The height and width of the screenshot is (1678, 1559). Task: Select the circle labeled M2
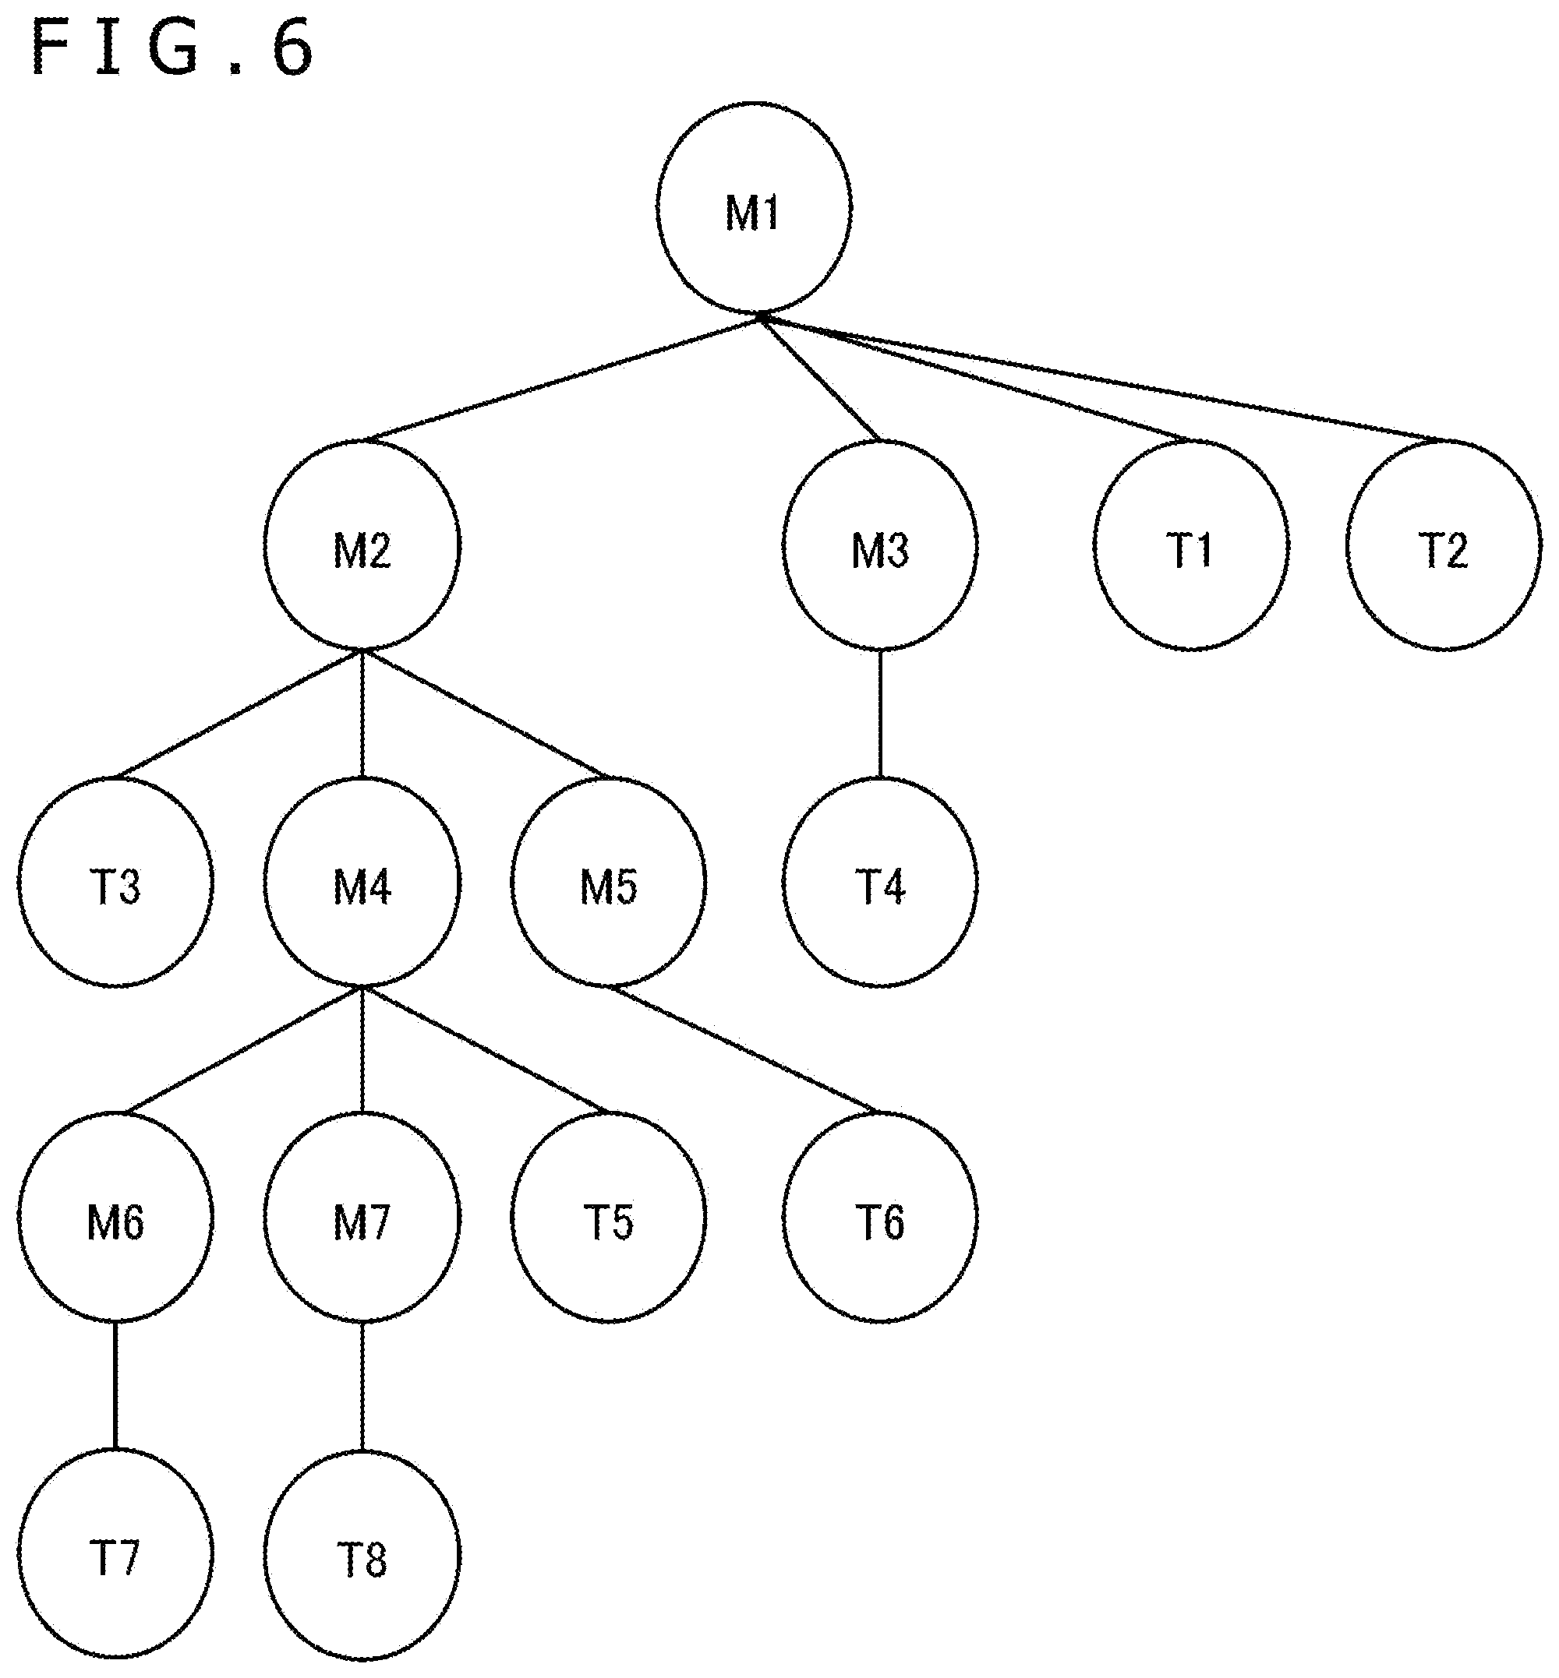click(362, 545)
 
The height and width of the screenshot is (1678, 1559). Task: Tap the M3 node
click(880, 545)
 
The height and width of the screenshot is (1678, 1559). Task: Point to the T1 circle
click(1190, 545)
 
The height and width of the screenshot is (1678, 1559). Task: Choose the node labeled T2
click(1444, 545)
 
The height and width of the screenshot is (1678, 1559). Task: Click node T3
click(115, 881)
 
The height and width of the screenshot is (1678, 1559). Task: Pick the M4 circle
click(362, 881)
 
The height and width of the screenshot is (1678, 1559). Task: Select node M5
click(608, 881)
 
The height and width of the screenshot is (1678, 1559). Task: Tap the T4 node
click(880, 881)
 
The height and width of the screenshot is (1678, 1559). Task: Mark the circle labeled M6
click(115, 1217)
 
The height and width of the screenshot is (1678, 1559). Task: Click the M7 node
click(362, 1217)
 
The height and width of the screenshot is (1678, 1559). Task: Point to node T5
click(608, 1217)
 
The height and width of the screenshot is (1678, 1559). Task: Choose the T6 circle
click(880, 1217)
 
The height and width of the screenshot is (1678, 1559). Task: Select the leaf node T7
click(115, 1554)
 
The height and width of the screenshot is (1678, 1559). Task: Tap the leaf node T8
click(362, 1554)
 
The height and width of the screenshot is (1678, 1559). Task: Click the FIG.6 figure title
click(173, 49)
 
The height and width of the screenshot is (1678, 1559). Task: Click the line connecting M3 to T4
click(880, 714)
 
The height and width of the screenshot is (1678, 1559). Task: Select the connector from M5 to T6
click(744, 1049)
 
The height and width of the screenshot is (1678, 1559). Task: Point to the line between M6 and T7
click(115, 1385)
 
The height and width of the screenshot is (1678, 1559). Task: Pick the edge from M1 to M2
click(561, 378)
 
